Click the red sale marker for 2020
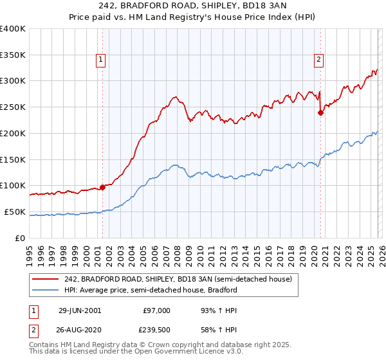point(320,113)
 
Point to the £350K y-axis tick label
point(13,55)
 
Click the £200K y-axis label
point(13,133)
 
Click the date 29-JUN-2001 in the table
point(80,310)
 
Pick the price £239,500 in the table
point(157,329)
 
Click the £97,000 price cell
point(157,310)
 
